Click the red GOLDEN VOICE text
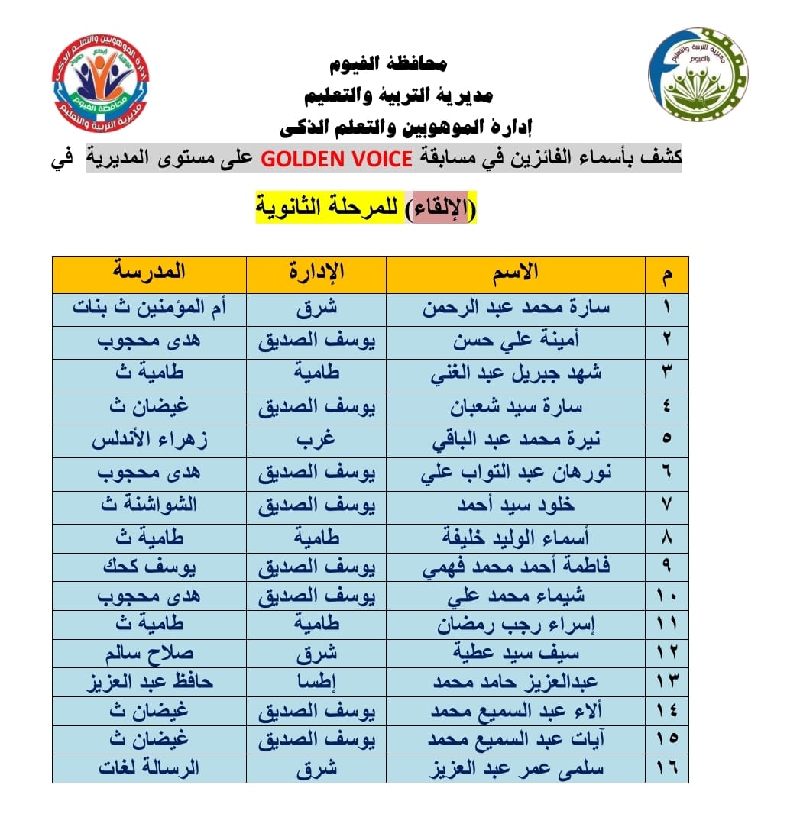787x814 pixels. click(x=337, y=159)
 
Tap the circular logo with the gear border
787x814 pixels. click(x=697, y=78)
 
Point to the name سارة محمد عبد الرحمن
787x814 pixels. click(x=516, y=308)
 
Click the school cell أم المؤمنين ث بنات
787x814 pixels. click(x=150, y=308)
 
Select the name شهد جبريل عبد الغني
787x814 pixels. click(x=516, y=374)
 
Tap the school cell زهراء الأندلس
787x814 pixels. click(x=150, y=440)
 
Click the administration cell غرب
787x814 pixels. click(x=316, y=440)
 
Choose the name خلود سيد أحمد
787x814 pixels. click(x=516, y=506)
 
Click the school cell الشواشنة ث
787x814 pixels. click(x=150, y=506)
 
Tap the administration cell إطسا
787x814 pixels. click(x=316, y=681)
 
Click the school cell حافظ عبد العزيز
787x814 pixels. click(x=150, y=681)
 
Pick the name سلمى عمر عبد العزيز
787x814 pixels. click(x=516, y=768)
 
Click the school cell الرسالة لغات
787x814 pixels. click(x=150, y=768)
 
